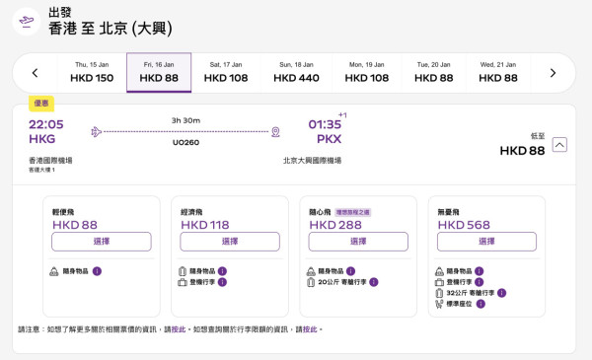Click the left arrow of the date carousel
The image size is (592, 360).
36,72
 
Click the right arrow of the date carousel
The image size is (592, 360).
553,72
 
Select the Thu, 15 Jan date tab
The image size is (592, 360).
94,72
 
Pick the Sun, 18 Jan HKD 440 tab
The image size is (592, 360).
296,72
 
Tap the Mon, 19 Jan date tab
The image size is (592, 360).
367,72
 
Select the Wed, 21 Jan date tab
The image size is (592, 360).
498,72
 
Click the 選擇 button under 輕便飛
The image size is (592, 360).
101,242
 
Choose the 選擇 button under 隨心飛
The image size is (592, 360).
358,242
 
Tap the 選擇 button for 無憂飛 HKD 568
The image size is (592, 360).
486,242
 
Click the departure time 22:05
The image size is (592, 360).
46,124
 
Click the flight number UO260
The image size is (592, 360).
185,141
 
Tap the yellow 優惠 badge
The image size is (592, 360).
41,102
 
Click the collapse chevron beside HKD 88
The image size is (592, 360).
559,145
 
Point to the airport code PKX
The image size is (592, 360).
329,140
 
